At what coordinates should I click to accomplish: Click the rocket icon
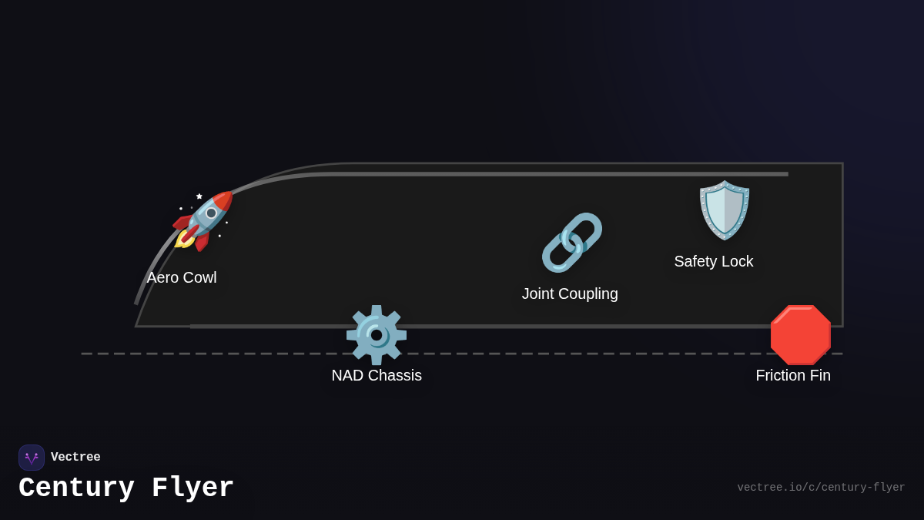click(x=203, y=222)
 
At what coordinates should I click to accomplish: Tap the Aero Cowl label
click(x=182, y=278)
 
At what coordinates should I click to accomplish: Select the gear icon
click(x=377, y=335)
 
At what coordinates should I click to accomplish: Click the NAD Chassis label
click(x=377, y=376)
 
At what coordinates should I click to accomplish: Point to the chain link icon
click(x=572, y=243)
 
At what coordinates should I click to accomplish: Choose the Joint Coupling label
click(x=570, y=294)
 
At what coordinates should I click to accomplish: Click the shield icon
click(x=725, y=210)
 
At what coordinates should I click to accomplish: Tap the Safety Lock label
click(x=714, y=261)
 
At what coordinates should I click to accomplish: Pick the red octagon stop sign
click(x=801, y=335)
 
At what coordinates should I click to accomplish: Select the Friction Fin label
click(x=793, y=376)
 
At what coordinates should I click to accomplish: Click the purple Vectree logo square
click(x=32, y=458)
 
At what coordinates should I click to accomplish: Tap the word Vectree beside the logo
click(x=75, y=457)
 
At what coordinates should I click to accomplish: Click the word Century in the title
click(x=77, y=488)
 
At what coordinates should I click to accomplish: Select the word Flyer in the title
click(x=192, y=488)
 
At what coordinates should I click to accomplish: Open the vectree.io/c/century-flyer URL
click(x=821, y=488)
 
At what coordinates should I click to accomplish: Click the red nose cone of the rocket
click(x=224, y=200)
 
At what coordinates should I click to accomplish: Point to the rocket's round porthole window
click(x=211, y=213)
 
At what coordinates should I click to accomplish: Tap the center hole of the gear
click(x=377, y=336)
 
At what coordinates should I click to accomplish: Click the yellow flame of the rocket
click(x=182, y=240)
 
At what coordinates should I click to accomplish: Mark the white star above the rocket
click(x=199, y=196)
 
